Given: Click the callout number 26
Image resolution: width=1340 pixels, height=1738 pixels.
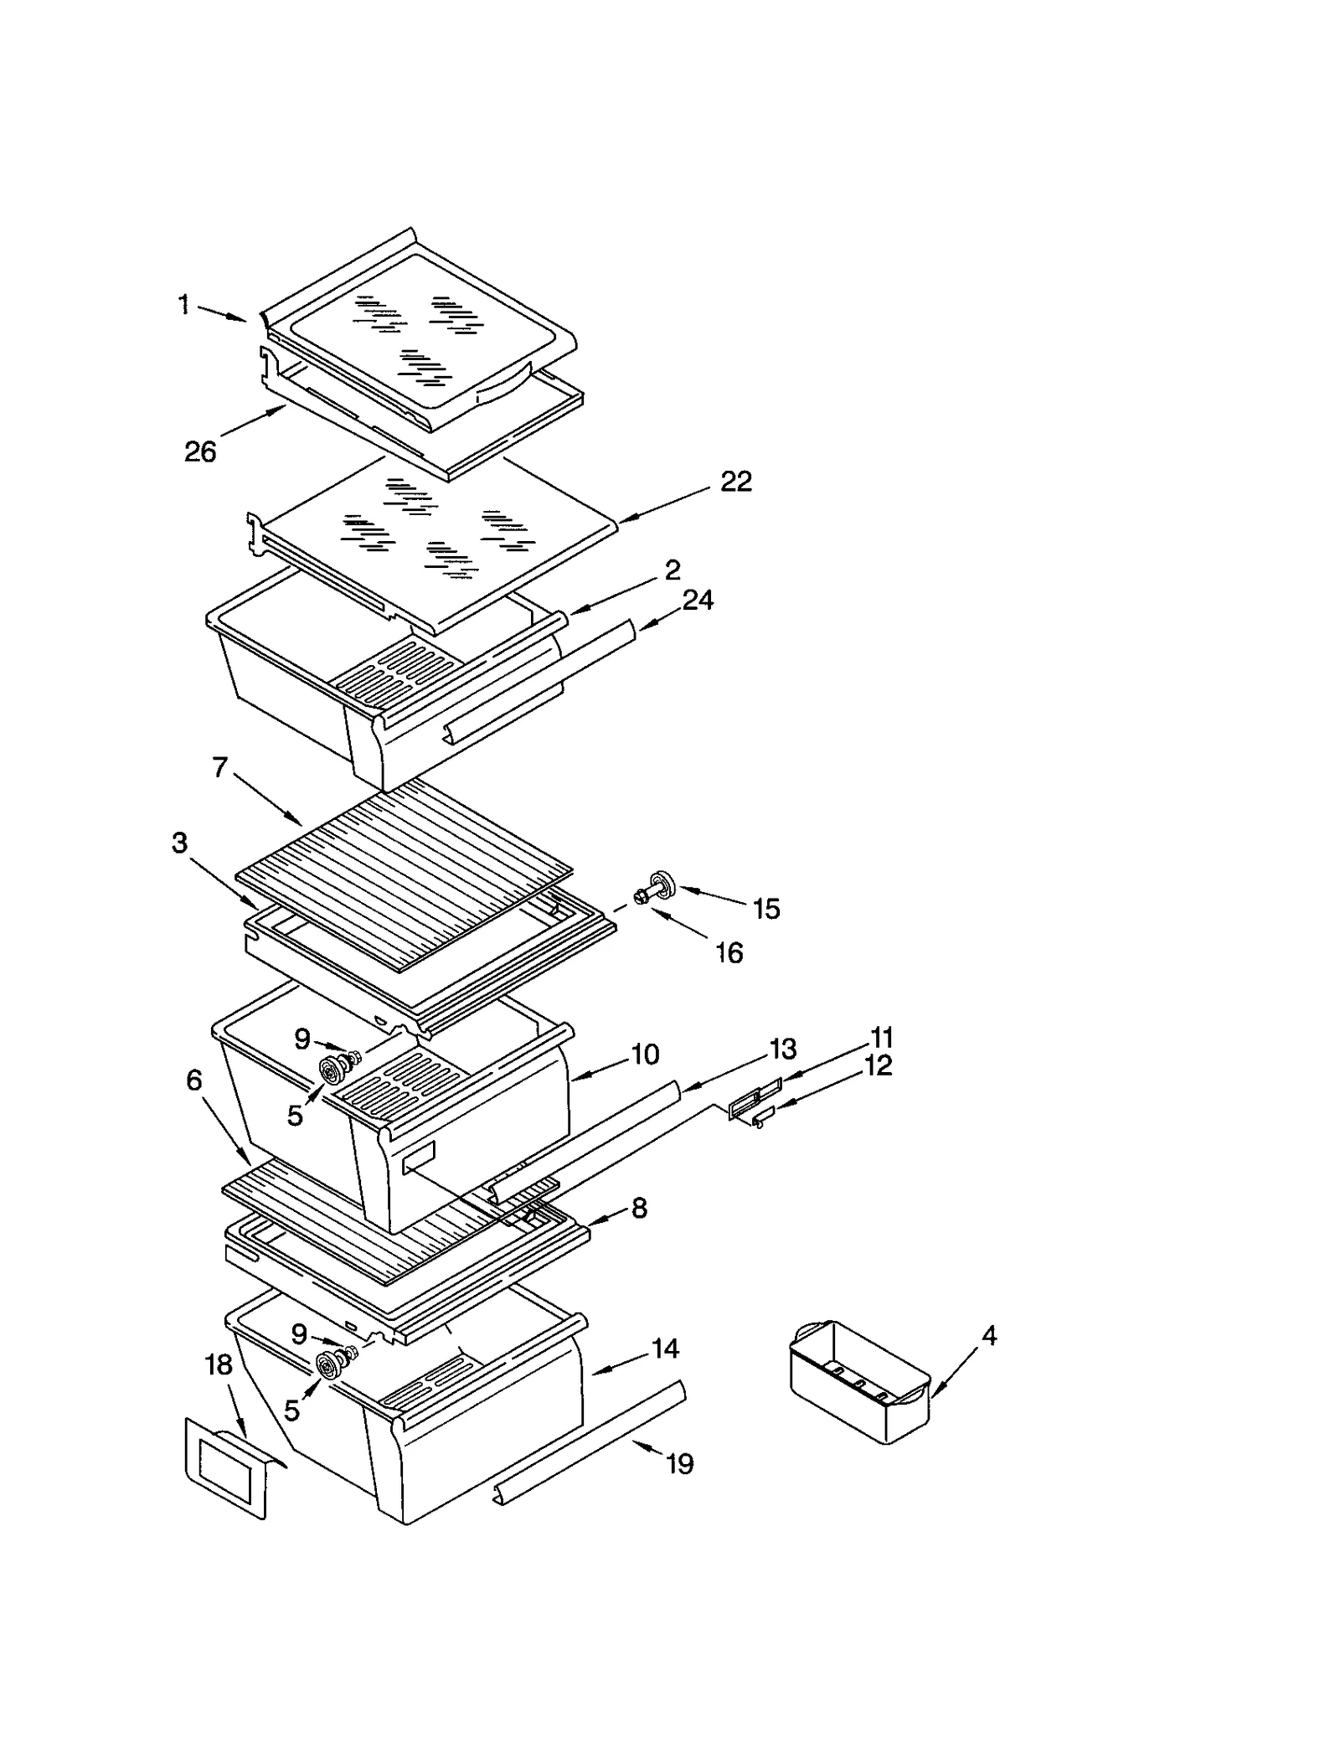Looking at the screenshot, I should pyautogui.click(x=200, y=452).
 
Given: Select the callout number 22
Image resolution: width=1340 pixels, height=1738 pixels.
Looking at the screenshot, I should pyautogui.click(x=736, y=481).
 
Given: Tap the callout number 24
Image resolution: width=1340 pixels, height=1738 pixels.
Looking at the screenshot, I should pyautogui.click(x=698, y=600).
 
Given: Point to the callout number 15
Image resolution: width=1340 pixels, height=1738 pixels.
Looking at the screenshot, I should pyautogui.click(x=766, y=909).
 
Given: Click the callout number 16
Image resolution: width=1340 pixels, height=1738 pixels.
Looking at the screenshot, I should pyautogui.click(x=729, y=952).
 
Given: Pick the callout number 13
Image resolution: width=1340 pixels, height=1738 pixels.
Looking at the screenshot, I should pyautogui.click(x=783, y=1049).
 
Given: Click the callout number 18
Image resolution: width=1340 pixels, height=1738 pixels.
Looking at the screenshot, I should pyautogui.click(x=219, y=1365).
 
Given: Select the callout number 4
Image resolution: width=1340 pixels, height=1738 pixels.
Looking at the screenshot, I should pyautogui.click(x=989, y=1336).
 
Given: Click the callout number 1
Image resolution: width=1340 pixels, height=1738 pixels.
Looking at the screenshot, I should pyautogui.click(x=184, y=304).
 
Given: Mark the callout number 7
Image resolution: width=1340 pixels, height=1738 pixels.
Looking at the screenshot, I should pyautogui.click(x=220, y=767).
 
